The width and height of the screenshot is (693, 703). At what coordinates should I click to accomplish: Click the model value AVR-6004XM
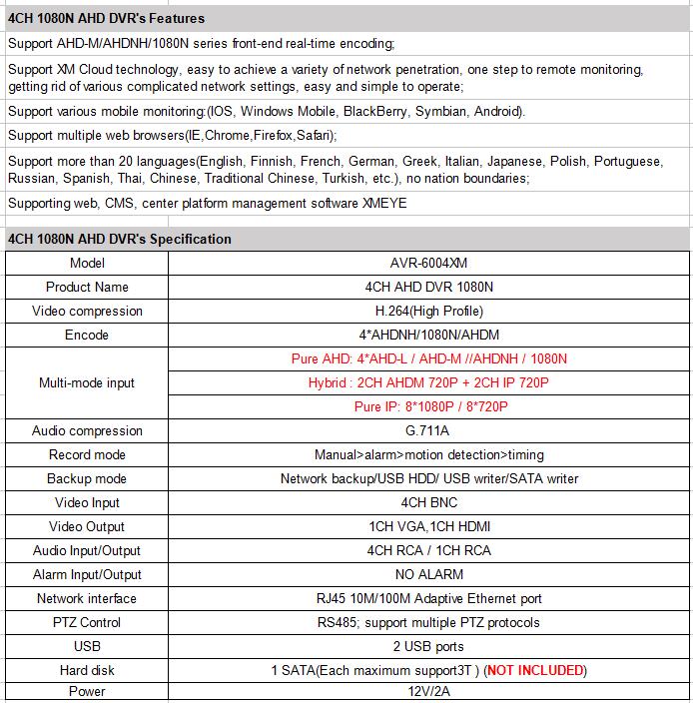pos(430,263)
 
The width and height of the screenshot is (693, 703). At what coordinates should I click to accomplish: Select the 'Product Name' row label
pos(87,287)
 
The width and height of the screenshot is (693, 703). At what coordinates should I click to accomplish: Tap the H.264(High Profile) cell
pos(429,311)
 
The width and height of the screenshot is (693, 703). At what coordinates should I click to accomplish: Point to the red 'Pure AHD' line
pos(430,358)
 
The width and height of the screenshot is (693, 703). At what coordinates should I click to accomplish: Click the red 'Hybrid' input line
pos(429,382)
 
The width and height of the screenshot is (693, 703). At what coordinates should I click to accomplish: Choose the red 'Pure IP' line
pos(430,406)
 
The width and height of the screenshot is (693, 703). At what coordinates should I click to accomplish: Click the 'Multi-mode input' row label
pos(87,382)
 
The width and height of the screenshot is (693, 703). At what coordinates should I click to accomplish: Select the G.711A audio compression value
pos(429,430)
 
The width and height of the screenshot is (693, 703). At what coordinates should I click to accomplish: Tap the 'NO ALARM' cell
pos(429,574)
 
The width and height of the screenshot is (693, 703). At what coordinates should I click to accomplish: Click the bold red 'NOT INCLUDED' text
pos(535,670)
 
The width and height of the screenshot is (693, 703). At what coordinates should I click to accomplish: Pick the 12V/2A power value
pos(429,691)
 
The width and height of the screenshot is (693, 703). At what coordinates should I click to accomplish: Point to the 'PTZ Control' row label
pos(87,622)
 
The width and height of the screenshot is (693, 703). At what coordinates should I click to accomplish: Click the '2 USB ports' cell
pos(429,646)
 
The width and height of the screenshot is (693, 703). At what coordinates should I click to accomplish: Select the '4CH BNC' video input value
pos(429,502)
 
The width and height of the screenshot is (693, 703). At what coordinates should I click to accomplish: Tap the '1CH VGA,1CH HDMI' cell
pos(429,526)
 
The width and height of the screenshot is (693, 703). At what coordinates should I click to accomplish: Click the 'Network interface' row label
pos(87,598)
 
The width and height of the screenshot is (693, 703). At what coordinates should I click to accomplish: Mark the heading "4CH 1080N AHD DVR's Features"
pos(106,18)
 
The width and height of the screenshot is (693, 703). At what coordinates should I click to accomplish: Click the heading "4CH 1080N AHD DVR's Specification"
pos(119,239)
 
